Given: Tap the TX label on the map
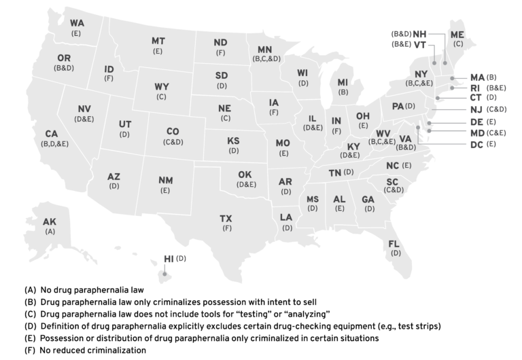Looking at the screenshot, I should pyautogui.click(x=226, y=218).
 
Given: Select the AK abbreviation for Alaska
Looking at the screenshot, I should pyautogui.click(x=50, y=221).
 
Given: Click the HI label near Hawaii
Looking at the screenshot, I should pyautogui.click(x=169, y=259).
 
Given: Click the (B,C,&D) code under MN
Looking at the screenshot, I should pyautogui.click(x=266, y=59).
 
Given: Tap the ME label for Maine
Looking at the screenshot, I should pyautogui.click(x=457, y=34).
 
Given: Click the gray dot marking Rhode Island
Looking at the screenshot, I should pyautogui.click(x=451, y=88).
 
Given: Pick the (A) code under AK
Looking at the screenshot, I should pyautogui.click(x=50, y=232).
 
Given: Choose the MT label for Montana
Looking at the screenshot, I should pyautogui.click(x=158, y=41).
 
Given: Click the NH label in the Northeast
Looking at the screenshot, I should pyautogui.click(x=420, y=33).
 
